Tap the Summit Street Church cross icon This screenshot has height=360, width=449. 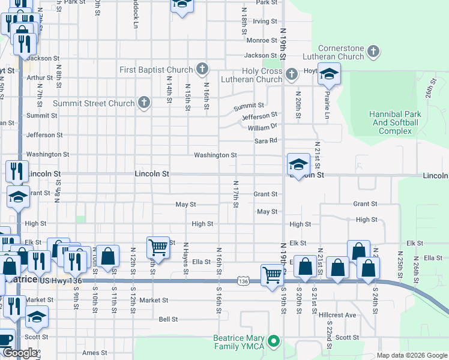[x=143, y=103]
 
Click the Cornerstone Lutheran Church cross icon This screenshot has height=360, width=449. [x=373, y=52]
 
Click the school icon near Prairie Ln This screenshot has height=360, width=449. [x=329, y=75]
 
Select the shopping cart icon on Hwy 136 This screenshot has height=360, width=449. [x=273, y=274]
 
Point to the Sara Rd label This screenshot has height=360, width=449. [x=265, y=140]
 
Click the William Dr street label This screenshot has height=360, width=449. [x=262, y=128]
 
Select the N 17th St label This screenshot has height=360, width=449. [x=236, y=195]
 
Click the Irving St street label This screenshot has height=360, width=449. [x=264, y=21]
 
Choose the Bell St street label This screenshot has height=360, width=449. [x=168, y=319]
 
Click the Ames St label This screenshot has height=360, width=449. [x=94, y=353]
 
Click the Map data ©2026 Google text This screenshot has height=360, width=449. [x=411, y=356]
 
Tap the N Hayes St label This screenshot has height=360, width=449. [x=186, y=260]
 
